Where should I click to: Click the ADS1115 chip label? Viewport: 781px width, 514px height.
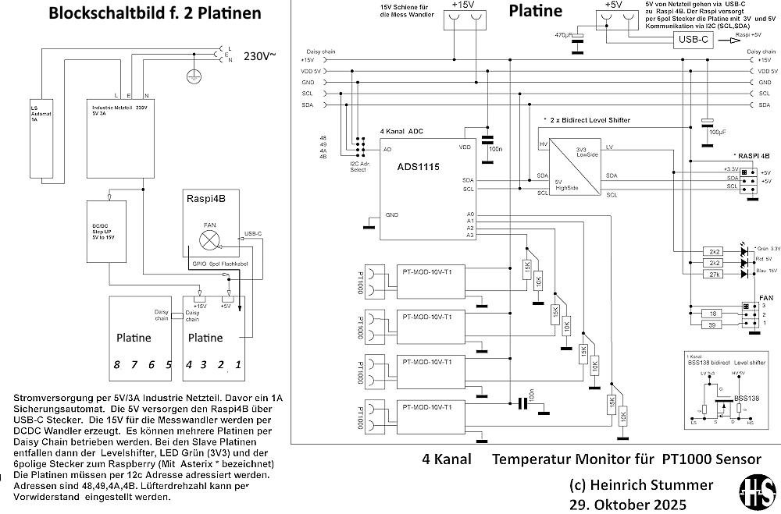click(419, 166)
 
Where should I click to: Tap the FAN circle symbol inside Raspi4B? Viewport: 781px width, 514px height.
click(209, 238)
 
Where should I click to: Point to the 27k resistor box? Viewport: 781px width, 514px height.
click(713, 275)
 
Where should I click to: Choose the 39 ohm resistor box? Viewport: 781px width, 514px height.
click(713, 324)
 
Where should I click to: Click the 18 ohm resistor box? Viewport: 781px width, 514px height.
click(713, 312)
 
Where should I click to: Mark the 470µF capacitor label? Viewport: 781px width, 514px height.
click(563, 36)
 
